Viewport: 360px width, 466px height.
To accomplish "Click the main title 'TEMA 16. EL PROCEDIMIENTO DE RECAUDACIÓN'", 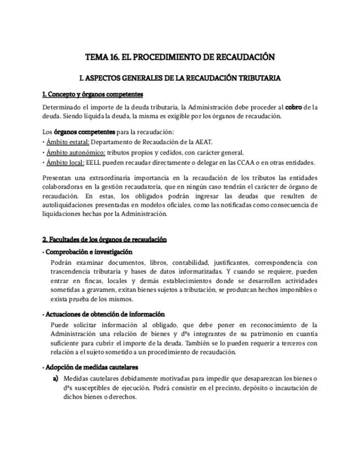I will pyautogui.click(x=180, y=57).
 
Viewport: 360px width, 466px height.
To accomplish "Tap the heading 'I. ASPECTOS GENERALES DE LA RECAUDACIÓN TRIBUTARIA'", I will pyautogui.click(x=180, y=78).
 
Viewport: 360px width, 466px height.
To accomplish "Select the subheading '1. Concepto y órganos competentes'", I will pyautogui.click(x=92, y=95).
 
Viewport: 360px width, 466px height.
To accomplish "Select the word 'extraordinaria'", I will pyautogui.click(x=109, y=178).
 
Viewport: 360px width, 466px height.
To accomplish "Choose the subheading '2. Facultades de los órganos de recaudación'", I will pyautogui.click(x=104, y=240).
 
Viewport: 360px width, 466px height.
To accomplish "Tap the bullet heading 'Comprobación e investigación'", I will pyautogui.click(x=88, y=252).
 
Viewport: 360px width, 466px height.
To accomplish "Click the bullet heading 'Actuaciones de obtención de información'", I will pyautogui.click(x=104, y=314).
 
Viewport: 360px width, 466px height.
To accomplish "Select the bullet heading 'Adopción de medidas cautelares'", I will pyautogui.click(x=91, y=367).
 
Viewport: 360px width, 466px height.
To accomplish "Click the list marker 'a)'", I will pyautogui.click(x=56, y=379).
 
